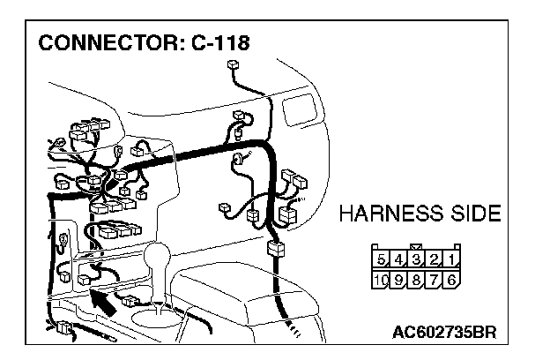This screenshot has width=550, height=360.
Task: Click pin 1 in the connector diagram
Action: pos(450,260)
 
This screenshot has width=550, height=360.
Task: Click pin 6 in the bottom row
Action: pos(450,280)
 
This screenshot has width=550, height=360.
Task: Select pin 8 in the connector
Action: pos(417,280)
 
